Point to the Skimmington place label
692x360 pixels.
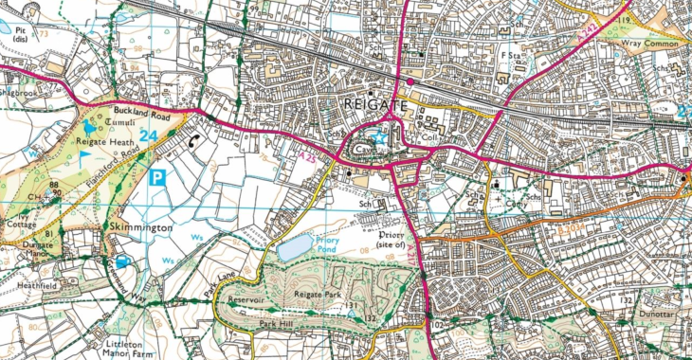138,229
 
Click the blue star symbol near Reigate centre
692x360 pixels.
384,137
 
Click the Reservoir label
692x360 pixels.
249,298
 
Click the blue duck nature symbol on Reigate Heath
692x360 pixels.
89,125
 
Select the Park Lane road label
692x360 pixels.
215,284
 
